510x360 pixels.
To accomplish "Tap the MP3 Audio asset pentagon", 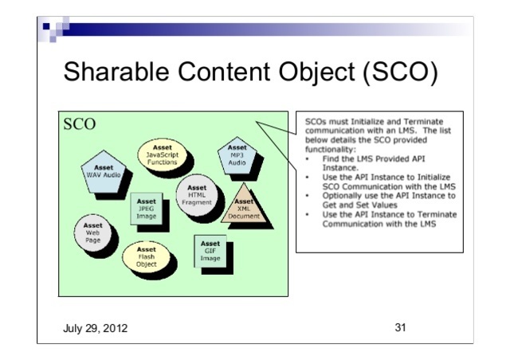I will click(x=237, y=153).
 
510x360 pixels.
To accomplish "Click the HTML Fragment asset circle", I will click(x=197, y=195).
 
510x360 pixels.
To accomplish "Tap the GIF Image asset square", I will click(x=210, y=250).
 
